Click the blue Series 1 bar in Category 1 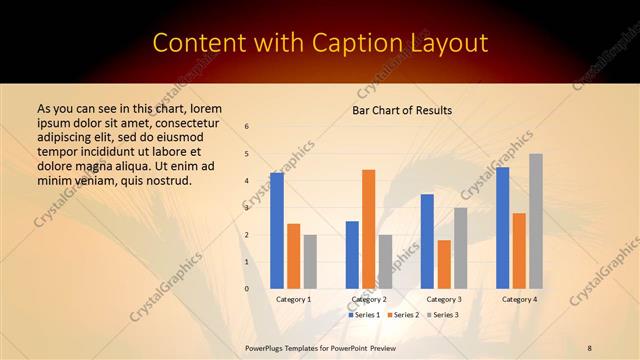coord(277,231)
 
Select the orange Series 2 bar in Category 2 coord(368,229)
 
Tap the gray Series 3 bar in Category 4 coord(536,221)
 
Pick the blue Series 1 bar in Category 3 coord(427,241)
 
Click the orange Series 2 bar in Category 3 coord(444,264)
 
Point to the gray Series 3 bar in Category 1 coord(310,262)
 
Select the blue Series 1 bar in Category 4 coord(502,228)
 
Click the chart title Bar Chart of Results coord(402,110)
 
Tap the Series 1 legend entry coord(363,315)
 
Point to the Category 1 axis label coord(293,299)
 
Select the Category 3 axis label coord(444,299)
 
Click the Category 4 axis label coord(519,299)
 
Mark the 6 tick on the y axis coord(247,126)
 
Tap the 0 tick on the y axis coord(247,289)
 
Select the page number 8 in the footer coord(590,347)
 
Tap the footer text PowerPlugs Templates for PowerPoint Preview coord(321,347)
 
